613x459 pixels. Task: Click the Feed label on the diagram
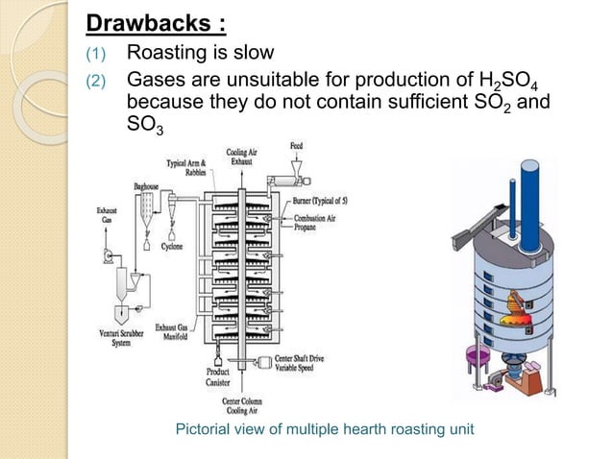tap(298, 145)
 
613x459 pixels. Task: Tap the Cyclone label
tap(172, 246)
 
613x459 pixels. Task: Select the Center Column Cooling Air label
tap(247, 404)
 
